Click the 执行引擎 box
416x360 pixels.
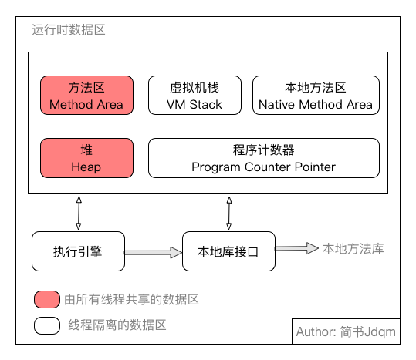click(78, 251)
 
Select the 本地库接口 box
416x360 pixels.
click(228, 251)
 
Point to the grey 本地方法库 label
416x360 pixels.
click(353, 248)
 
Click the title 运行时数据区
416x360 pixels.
click(68, 31)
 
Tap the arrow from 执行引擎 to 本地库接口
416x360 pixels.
click(153, 251)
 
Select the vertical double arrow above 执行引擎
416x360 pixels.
click(78, 213)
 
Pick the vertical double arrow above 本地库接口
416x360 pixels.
click(228, 213)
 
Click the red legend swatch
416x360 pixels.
click(47, 299)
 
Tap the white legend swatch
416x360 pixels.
click(47, 325)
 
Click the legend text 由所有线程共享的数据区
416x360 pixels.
click(127, 299)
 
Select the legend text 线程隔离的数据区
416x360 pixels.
click(117, 325)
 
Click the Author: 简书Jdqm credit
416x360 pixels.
click(346, 332)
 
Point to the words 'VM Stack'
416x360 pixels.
click(194, 104)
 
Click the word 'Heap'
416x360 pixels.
click(86, 167)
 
